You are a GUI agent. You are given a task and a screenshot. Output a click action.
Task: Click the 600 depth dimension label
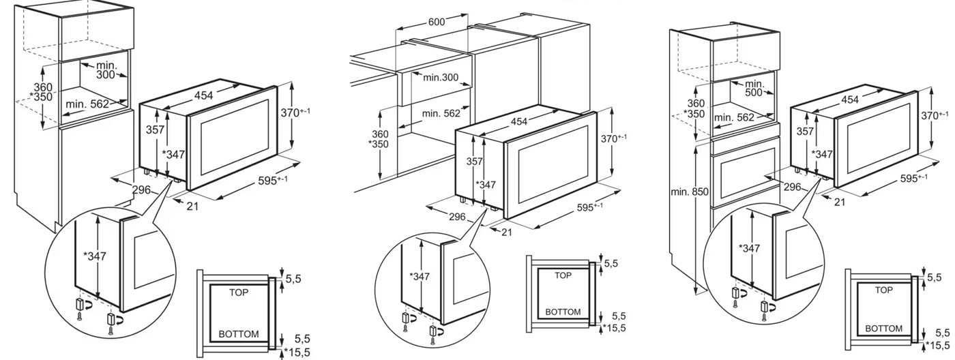[x=437, y=22]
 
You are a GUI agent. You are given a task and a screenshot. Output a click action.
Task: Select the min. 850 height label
[x=690, y=193]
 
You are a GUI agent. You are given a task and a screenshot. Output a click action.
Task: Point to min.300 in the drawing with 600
[x=441, y=77]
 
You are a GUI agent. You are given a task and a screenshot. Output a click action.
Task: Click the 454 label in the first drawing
[x=203, y=96]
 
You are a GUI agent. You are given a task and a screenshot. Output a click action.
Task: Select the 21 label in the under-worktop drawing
[x=506, y=232]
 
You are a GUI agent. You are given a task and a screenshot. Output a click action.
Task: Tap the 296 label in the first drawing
[x=142, y=191]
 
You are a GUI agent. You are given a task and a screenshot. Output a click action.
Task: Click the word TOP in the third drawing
[x=883, y=290]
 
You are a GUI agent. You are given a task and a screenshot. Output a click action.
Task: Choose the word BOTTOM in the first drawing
[x=239, y=334]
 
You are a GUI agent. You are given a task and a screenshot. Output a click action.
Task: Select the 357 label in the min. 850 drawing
[x=806, y=131]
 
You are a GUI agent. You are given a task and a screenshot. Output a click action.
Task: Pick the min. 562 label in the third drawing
[x=734, y=117]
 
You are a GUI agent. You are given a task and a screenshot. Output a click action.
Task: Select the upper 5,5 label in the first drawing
[x=293, y=278]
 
